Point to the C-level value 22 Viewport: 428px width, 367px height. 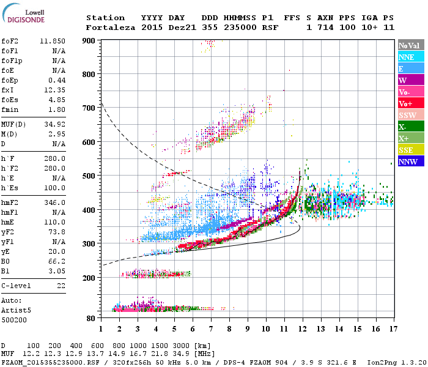coord(61,286)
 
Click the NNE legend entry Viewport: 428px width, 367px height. coord(407,57)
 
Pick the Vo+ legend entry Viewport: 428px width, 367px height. coord(405,103)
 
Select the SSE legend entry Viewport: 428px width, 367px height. coord(407,150)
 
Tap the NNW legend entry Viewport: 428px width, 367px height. coord(408,161)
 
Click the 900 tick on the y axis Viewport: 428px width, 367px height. coord(89,40)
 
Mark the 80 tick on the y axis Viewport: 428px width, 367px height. coord(91,319)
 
